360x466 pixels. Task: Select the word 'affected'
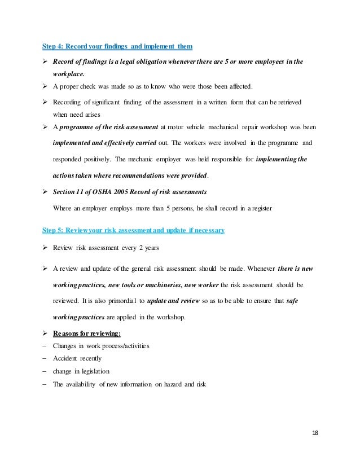click(239, 86)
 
